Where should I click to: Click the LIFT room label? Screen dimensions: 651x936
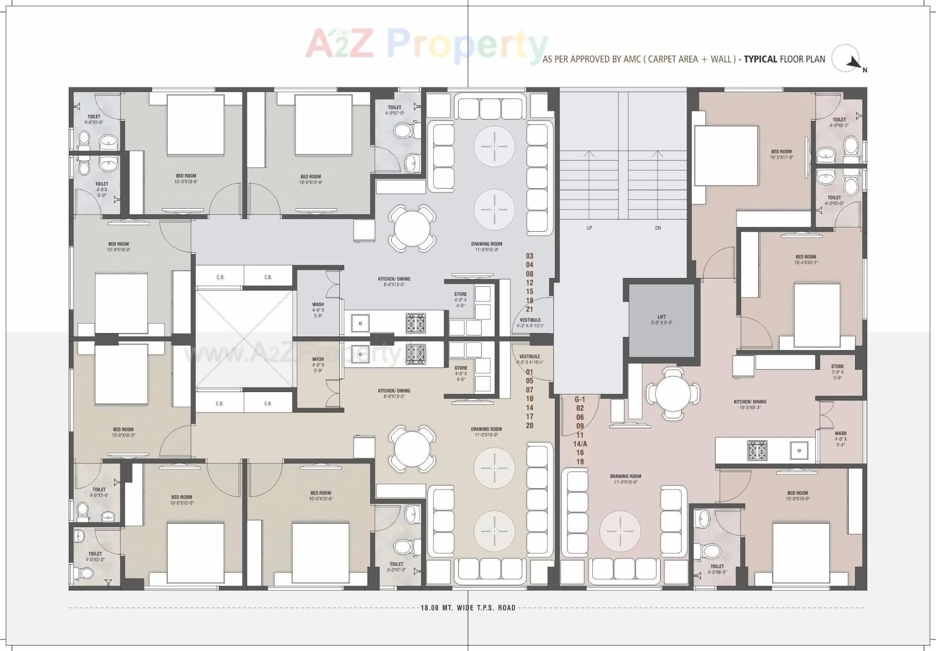(661, 319)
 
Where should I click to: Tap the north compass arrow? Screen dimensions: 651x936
(854, 62)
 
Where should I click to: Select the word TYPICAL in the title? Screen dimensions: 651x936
(760, 59)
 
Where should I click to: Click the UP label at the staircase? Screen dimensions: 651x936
(589, 228)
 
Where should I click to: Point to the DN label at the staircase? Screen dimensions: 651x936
(658, 228)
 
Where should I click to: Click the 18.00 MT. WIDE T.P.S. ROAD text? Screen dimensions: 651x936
(468, 608)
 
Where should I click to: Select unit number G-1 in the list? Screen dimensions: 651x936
(580, 399)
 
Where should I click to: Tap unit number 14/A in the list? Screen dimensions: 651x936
(580, 444)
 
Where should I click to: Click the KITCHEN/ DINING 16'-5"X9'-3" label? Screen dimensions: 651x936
(750, 405)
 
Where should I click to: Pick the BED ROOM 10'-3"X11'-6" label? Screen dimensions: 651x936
(781, 154)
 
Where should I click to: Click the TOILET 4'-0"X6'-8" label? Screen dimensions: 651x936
(717, 569)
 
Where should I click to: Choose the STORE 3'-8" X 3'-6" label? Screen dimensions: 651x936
(837, 372)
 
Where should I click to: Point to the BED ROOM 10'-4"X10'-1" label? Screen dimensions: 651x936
(805, 259)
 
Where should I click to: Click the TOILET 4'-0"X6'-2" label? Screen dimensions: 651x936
(839, 122)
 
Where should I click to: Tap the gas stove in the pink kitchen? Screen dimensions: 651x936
(757, 450)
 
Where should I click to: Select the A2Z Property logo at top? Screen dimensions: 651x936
(426, 45)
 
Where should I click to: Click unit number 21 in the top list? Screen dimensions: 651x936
(529, 309)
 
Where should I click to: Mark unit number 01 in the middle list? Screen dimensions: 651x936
(529, 372)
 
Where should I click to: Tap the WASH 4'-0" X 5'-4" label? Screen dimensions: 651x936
(840, 438)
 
